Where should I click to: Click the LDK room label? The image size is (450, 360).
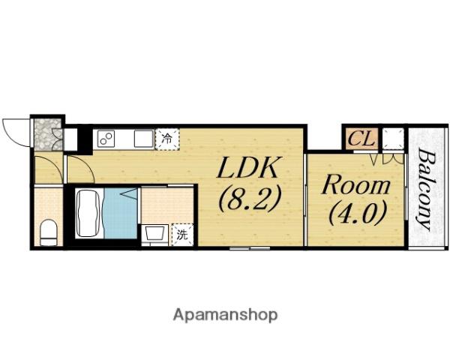click(248, 168)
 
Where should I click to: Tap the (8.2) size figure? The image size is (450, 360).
click(248, 199)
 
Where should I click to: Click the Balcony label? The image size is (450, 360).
click(424, 189)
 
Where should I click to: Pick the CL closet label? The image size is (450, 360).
click(361, 138)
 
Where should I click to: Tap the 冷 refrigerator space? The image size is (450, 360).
click(167, 139)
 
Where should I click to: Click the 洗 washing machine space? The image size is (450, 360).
click(182, 235)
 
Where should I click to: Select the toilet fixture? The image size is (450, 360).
click(49, 232)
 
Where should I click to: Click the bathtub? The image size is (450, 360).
click(88, 213)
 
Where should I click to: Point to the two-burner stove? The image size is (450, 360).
click(106, 139)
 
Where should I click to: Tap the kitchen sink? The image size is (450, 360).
click(144, 139)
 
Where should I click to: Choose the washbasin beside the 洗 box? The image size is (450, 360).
click(156, 234)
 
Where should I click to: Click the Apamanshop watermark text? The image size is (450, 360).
click(226, 315)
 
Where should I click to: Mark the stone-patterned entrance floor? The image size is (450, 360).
click(48, 134)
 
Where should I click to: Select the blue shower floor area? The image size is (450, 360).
click(121, 213)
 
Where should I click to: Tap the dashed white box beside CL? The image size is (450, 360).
click(393, 139)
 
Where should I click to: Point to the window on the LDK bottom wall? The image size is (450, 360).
click(250, 247)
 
